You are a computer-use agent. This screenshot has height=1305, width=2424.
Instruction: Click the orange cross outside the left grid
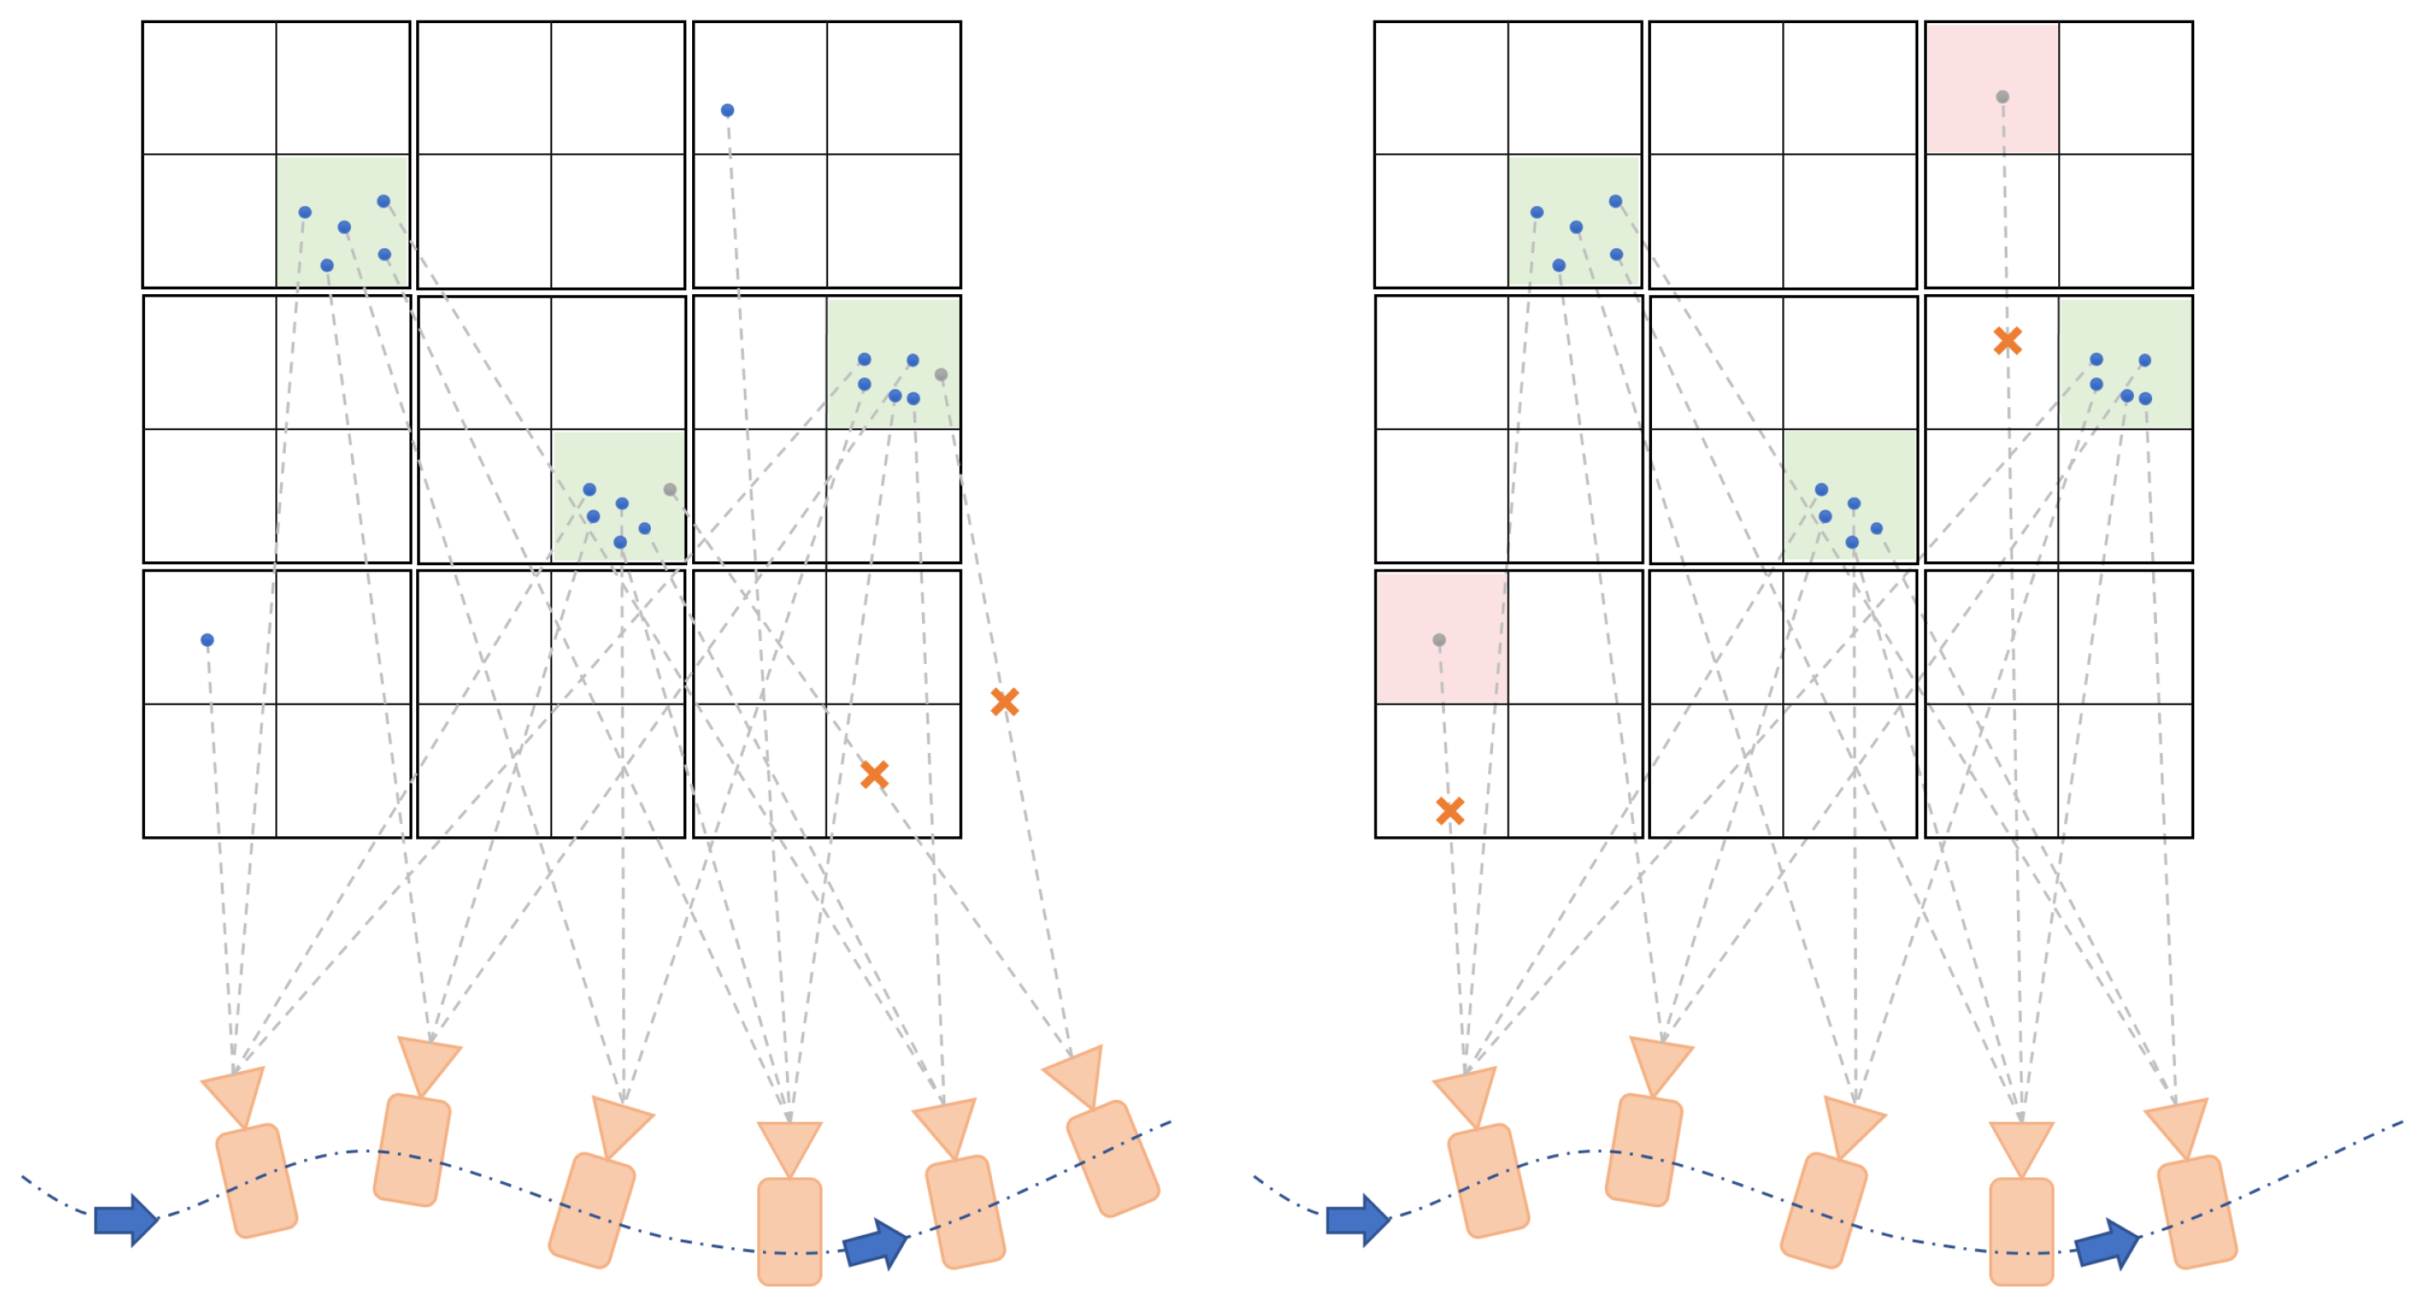[x=1004, y=701]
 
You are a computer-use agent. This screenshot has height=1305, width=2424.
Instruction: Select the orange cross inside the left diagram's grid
[x=874, y=774]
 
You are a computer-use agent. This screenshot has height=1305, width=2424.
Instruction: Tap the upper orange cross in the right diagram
[x=2007, y=340]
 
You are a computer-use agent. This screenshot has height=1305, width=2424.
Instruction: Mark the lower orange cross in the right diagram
[x=1450, y=810]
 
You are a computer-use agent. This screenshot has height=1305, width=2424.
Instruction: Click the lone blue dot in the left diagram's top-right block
[x=728, y=110]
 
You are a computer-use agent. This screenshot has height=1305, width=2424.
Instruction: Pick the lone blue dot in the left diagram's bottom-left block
[x=207, y=640]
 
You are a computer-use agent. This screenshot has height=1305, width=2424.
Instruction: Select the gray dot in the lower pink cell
[x=1439, y=640]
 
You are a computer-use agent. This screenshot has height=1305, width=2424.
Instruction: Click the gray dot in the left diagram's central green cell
[x=670, y=489]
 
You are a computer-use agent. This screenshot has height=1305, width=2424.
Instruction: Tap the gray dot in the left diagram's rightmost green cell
[x=941, y=375]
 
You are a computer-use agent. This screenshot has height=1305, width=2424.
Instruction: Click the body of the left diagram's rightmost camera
[x=1113, y=1158]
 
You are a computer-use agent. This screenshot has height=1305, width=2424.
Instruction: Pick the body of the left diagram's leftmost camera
[x=257, y=1181]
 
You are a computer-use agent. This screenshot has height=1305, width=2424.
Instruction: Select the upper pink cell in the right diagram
[x=1992, y=88]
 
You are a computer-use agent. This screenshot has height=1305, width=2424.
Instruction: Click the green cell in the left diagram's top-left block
[x=343, y=221]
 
